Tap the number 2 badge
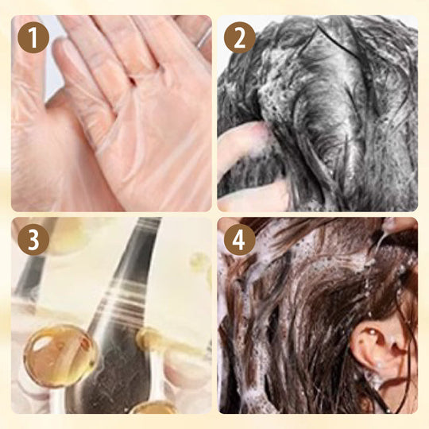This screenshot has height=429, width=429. (x=238, y=37)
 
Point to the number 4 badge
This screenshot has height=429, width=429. (x=238, y=239)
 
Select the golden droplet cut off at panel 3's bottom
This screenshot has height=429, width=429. (x=156, y=408)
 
